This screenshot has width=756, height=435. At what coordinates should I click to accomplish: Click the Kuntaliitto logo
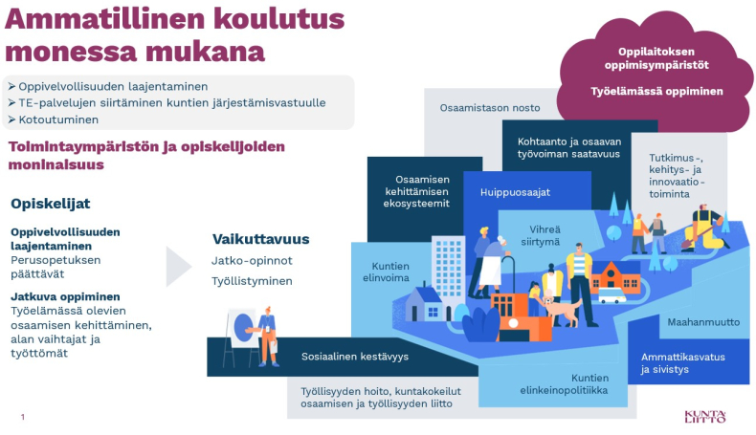point(705,416)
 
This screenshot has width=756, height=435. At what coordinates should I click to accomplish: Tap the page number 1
point(23,417)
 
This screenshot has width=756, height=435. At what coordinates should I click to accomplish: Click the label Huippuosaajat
point(515,192)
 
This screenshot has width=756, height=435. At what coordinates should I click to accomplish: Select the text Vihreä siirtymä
point(541,235)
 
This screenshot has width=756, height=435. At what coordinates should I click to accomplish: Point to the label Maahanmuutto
point(703,322)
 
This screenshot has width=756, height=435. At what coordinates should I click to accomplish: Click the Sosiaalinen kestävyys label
point(355,357)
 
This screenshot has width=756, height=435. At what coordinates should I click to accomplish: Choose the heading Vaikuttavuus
point(261,239)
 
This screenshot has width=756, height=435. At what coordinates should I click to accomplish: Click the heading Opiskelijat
point(50,204)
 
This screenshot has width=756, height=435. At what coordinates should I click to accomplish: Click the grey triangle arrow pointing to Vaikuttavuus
point(177,267)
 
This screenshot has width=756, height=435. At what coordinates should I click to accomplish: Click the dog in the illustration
point(563,309)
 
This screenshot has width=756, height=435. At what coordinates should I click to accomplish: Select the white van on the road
point(611,294)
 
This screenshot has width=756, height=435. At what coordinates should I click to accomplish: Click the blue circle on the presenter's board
point(243,328)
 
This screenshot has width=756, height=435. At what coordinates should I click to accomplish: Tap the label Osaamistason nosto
point(490,108)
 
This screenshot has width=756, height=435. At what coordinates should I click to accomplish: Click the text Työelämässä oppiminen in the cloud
point(656,91)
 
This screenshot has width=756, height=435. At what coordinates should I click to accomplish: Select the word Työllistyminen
point(252,281)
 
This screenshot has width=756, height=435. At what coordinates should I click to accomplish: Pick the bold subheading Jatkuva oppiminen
point(66,296)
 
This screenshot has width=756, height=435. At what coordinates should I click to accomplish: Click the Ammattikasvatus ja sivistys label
point(682,363)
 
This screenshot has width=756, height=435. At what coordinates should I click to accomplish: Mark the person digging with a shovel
point(704,228)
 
